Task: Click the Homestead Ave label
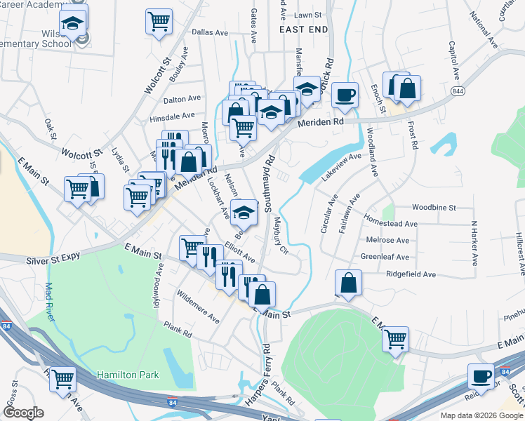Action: [391, 222]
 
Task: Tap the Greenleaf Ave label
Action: [385, 257]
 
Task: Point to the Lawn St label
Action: [307, 15]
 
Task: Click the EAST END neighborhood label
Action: [303, 29]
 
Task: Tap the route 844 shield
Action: [458, 91]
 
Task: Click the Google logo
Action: [23, 412]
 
